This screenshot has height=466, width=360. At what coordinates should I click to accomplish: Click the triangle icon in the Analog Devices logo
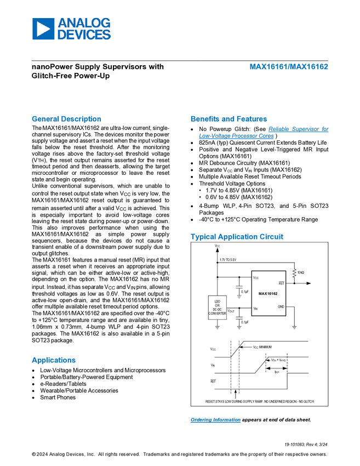[x=43, y=29]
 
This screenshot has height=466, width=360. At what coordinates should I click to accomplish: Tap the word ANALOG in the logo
[x=84, y=23]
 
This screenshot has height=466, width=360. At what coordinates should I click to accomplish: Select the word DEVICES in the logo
[x=84, y=35]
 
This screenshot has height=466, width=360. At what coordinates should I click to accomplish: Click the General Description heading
[x=66, y=118]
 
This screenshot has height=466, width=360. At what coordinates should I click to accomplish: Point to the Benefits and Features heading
[x=229, y=118]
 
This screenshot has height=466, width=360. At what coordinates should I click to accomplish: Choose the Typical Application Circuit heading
[x=237, y=237]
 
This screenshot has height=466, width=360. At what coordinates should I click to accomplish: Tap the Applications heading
[x=54, y=360]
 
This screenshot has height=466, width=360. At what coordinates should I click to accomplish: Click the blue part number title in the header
[x=289, y=67]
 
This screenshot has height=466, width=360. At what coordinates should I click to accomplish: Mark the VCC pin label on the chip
[x=256, y=277]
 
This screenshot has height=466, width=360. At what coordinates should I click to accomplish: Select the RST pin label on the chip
[x=281, y=283]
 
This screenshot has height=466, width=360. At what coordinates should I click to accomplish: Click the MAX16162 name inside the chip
[x=268, y=294]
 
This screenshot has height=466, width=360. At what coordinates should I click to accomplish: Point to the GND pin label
[x=281, y=306]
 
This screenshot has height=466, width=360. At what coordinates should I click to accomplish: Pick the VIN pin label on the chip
[x=255, y=309]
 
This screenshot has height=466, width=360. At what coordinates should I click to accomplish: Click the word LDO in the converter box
[x=217, y=302]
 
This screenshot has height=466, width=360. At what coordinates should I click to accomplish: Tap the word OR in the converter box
[x=217, y=305]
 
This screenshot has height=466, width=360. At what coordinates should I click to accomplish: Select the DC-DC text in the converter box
[x=217, y=309]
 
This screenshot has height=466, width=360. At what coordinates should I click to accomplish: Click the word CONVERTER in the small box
[x=217, y=314]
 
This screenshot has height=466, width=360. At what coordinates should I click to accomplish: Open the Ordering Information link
[x=215, y=420]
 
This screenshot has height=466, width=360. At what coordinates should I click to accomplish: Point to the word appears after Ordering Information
[x=252, y=420]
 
